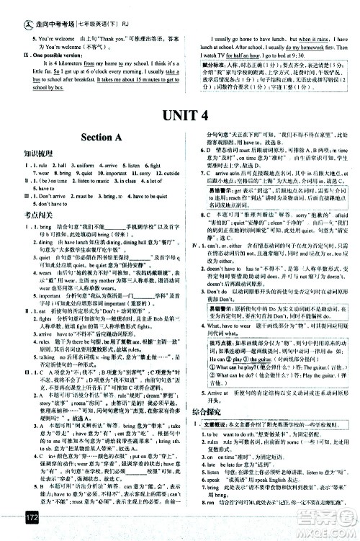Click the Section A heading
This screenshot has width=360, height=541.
click(x=92, y=138)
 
